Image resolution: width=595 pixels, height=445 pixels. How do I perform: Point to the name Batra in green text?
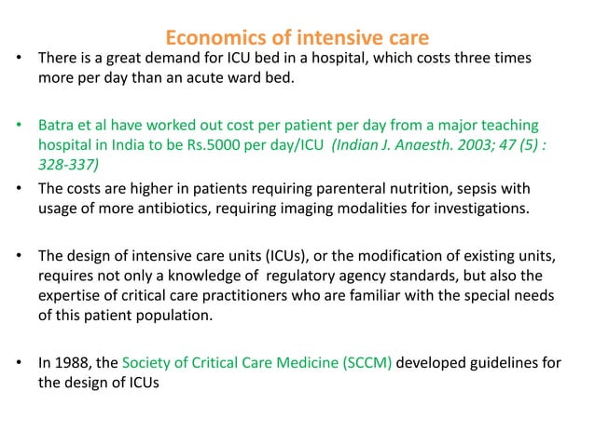point(58,125)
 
